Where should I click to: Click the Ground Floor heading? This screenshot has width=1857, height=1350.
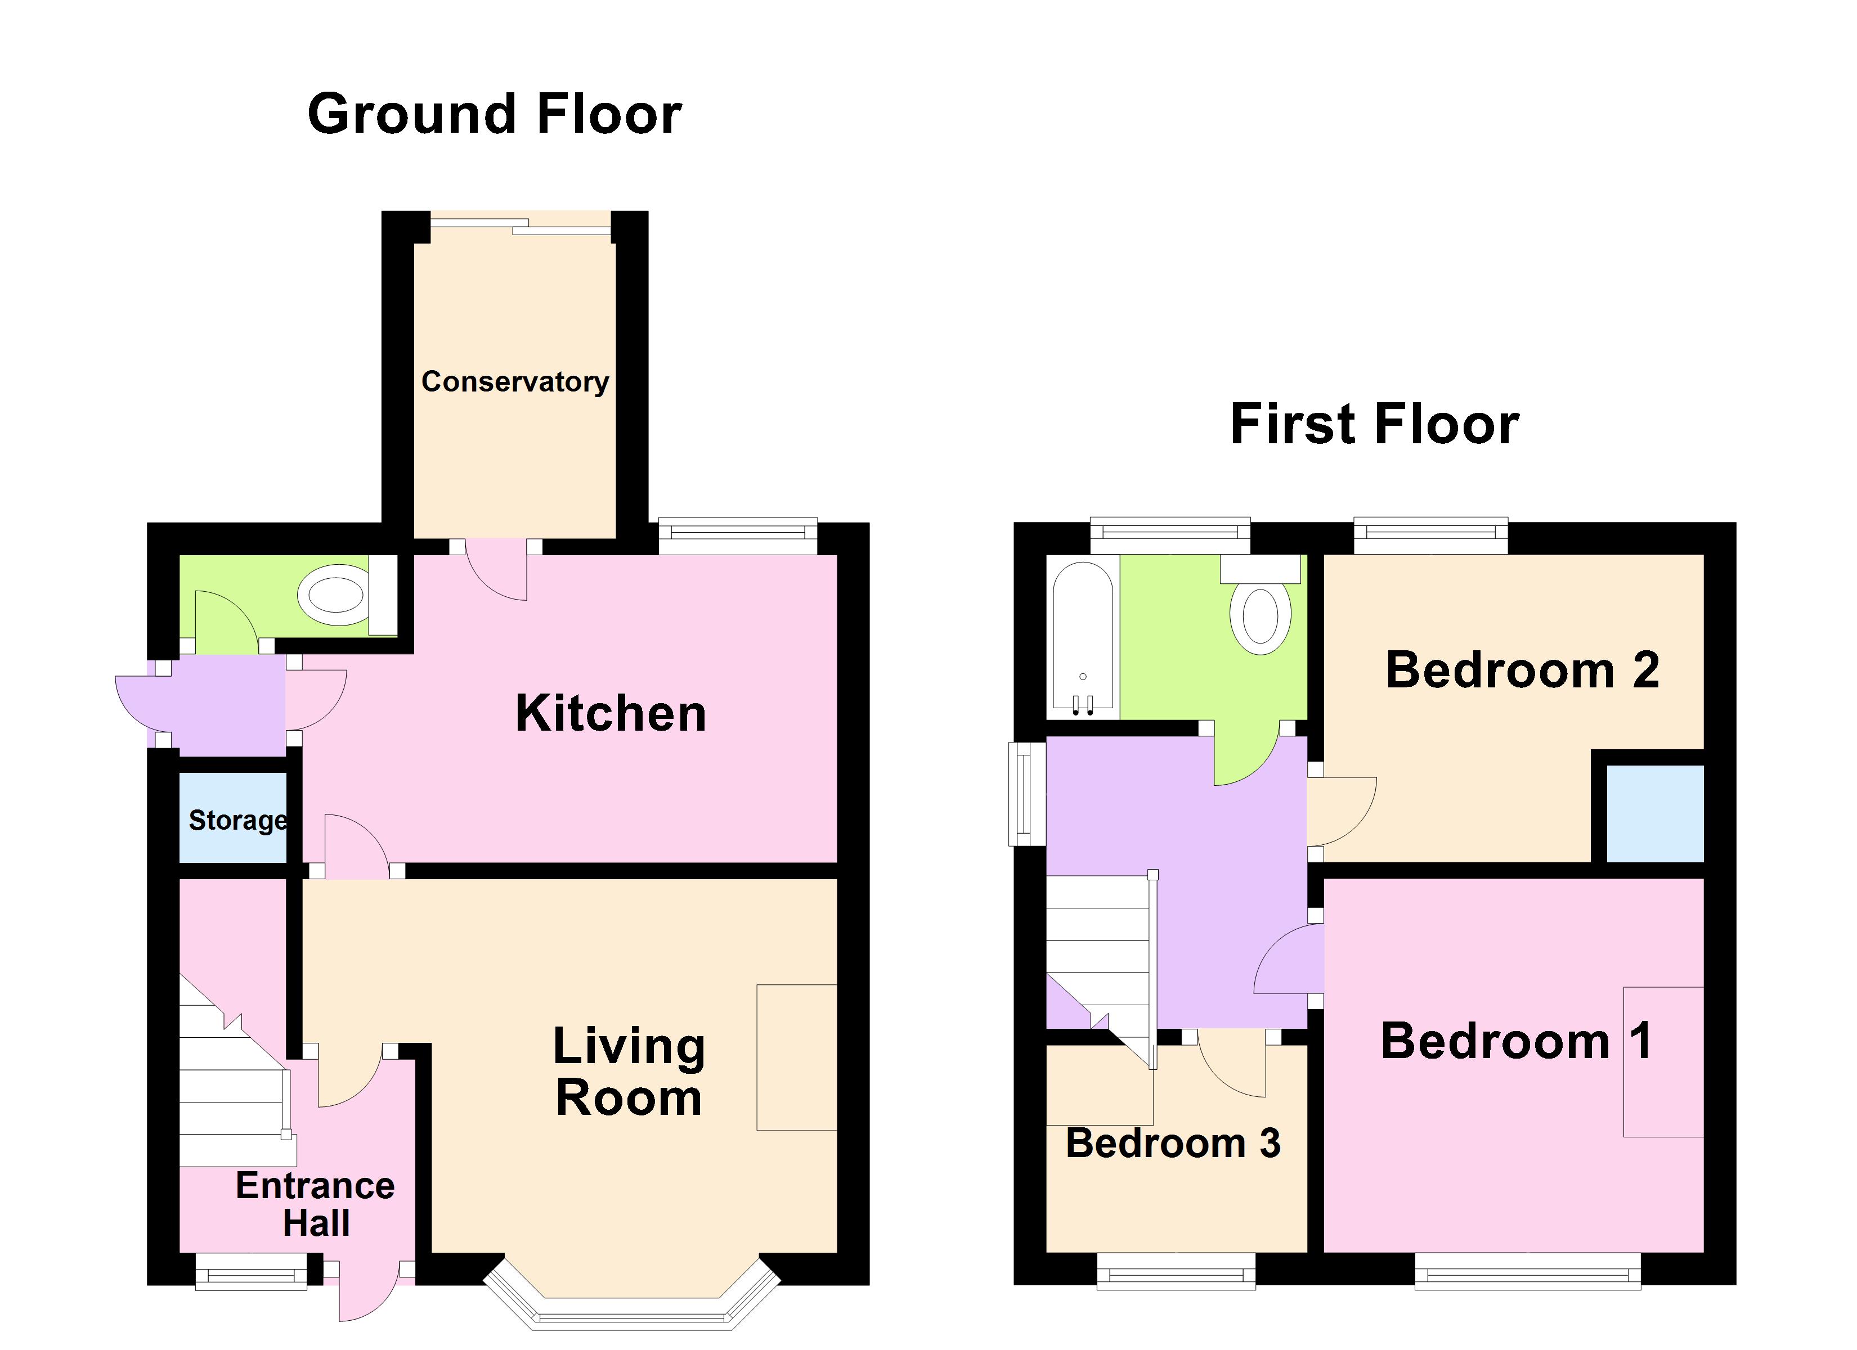pos(495,115)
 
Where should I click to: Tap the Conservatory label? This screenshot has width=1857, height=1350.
pos(515,381)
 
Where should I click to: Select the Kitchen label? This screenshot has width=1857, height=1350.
pos(611,713)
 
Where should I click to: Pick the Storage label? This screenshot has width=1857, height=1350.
pos(237,820)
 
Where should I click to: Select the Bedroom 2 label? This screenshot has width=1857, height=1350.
pos(1522,670)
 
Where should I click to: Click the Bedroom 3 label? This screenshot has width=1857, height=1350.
pos(1173,1143)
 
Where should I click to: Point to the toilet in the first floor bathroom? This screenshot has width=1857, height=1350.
pos(1261,614)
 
